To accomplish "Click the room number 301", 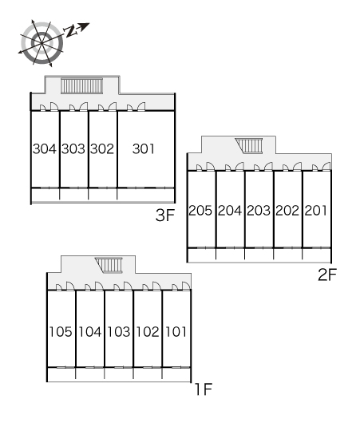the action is [144, 148].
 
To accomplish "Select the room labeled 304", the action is [45, 148].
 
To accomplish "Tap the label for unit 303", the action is [73, 148].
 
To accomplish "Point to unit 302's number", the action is [102, 148].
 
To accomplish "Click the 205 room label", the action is [200, 211].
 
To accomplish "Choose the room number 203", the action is [259, 211].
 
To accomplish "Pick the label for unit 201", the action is [316, 211].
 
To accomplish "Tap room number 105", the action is [61, 332].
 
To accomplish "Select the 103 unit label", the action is [119, 332].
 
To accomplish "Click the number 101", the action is [176, 332].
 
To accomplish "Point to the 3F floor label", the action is [165, 215].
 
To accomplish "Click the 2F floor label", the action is [327, 275].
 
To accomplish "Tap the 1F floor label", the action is [204, 389].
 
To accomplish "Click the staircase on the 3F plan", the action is [81, 86].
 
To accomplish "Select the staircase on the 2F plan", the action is [249, 146].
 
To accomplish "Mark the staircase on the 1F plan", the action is [109, 265].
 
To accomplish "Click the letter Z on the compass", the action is [70, 31].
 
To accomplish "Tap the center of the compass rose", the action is [42, 43].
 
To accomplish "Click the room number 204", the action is [230, 211].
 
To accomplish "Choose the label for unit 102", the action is [148, 332].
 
